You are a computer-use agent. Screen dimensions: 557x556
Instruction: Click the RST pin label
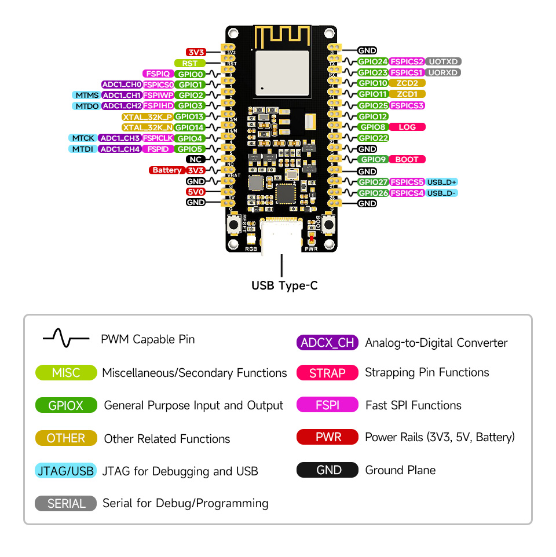(x=189, y=63)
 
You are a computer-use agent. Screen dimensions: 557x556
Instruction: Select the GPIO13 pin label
(x=189, y=116)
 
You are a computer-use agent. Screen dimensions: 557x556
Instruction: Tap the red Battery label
(x=167, y=170)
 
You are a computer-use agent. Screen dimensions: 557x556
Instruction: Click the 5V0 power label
(x=195, y=192)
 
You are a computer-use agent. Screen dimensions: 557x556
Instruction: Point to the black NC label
(x=195, y=159)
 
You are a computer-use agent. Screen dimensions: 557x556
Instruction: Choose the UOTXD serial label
(x=444, y=61)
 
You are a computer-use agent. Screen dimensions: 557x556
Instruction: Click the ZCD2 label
(x=407, y=83)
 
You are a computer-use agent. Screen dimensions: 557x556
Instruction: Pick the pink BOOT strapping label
(x=407, y=159)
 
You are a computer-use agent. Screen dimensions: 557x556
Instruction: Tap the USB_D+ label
(x=442, y=182)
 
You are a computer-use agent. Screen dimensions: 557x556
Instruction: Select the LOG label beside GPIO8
(x=407, y=127)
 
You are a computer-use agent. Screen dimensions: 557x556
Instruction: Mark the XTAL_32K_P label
(x=147, y=116)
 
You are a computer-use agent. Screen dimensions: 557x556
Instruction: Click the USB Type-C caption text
(x=284, y=285)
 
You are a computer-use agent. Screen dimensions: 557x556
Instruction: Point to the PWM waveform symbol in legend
(x=66, y=339)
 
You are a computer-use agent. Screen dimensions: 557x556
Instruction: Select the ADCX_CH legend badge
(x=327, y=342)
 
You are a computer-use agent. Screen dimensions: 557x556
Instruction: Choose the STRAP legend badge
(x=327, y=373)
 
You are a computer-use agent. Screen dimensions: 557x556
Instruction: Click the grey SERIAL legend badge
(x=66, y=504)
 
